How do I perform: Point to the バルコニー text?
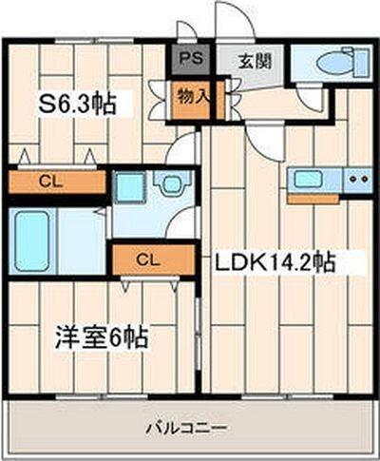(x=186, y=428)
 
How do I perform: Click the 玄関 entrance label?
(x=254, y=62)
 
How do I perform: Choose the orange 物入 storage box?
(x=190, y=96)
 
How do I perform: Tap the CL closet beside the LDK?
(x=144, y=258)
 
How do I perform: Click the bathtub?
(x=46, y=240)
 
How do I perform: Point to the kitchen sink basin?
(x=309, y=178)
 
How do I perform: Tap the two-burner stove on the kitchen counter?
(x=357, y=178)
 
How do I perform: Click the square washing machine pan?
(x=128, y=187)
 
